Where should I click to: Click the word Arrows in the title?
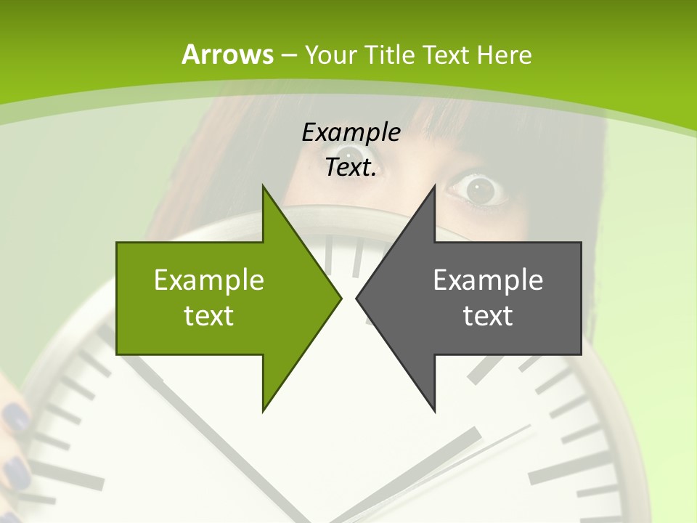click(227, 54)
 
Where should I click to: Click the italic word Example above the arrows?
click(351, 132)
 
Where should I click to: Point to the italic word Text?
click(351, 167)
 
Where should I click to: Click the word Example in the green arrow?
click(208, 280)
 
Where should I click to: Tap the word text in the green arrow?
click(208, 315)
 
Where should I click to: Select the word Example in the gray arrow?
click(488, 280)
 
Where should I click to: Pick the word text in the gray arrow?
click(488, 315)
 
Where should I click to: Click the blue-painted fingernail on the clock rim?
click(15, 418)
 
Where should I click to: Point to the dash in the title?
click(288, 55)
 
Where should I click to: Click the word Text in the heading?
click(447, 54)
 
